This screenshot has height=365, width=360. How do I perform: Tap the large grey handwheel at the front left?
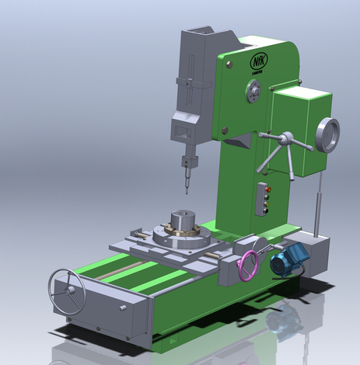click(x=67, y=290)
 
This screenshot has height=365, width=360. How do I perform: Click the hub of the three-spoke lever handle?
click(x=285, y=140)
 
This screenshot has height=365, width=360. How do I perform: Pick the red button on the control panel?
click(x=267, y=189)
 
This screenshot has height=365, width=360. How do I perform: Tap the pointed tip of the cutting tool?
click(x=186, y=190)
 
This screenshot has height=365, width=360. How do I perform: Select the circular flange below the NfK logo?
click(x=254, y=93)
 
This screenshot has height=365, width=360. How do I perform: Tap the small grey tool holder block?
click(x=187, y=162)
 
